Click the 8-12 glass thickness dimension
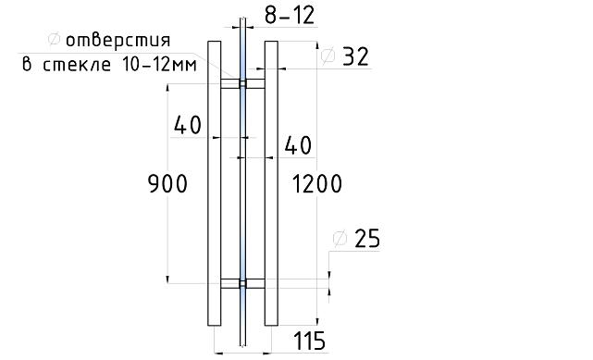point(290,16)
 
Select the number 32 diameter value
point(355,57)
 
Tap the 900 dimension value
point(167,184)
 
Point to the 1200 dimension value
point(317,184)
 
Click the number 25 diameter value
point(367,239)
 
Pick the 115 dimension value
point(309,341)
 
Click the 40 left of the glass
point(188,125)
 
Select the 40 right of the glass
point(298,145)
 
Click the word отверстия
point(118,41)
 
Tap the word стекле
point(77,65)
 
